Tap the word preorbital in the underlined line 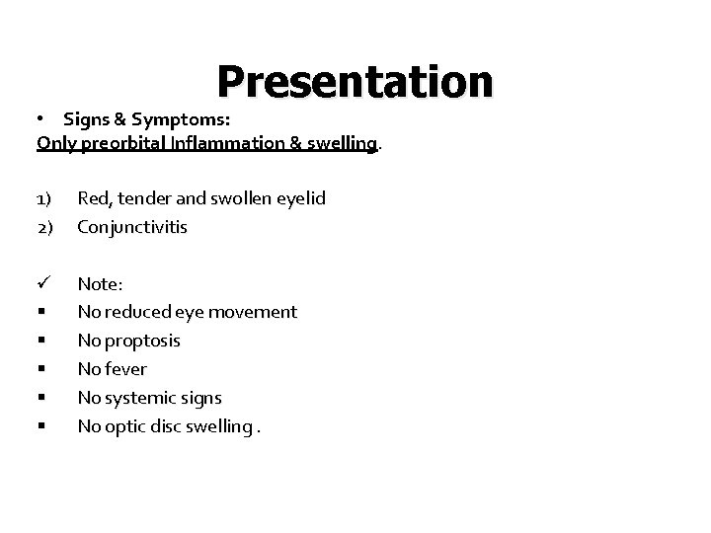pyautogui.click(x=127, y=144)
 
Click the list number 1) pyautogui.click(x=44, y=198)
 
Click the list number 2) pyautogui.click(x=44, y=227)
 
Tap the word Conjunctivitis pyautogui.click(x=132, y=227)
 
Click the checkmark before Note pyautogui.click(x=43, y=283)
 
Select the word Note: pyautogui.click(x=100, y=284)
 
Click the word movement pyautogui.click(x=254, y=312)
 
